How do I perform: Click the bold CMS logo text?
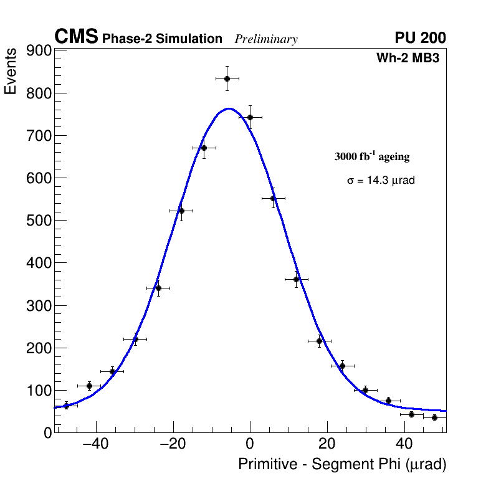click(x=76, y=37)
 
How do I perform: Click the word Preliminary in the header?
click(x=266, y=39)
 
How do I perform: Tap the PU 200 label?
click(x=420, y=38)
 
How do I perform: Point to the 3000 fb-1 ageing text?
click(x=372, y=156)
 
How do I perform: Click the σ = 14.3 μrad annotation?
click(x=381, y=180)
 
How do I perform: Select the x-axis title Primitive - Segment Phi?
click(x=342, y=464)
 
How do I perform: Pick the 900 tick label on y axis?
click(x=39, y=51)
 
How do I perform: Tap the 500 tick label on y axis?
click(x=39, y=221)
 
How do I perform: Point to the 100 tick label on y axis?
click(x=39, y=391)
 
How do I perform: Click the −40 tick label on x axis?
click(x=96, y=444)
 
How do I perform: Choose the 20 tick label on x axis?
click(x=327, y=444)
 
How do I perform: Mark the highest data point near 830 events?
click(x=227, y=79)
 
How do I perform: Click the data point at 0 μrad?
click(x=250, y=117)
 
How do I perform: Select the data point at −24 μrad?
click(x=158, y=288)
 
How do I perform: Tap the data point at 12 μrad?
click(x=297, y=279)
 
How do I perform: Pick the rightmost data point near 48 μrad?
click(x=434, y=417)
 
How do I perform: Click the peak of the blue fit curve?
click(x=229, y=108)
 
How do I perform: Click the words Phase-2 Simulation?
click(x=162, y=39)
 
